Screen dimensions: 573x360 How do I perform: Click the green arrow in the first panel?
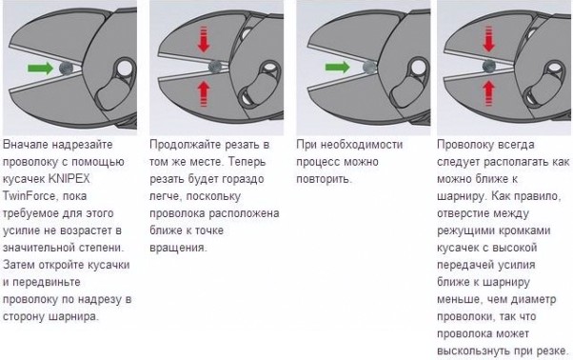41,68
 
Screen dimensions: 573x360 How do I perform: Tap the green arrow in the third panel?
337,68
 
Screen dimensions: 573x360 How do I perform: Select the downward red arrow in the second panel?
204,39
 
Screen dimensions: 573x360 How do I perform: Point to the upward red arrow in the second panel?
204,93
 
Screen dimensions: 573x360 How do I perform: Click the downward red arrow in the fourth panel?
488,39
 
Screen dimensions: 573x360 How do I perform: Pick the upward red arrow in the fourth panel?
488,93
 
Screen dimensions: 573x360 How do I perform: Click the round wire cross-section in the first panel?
66,68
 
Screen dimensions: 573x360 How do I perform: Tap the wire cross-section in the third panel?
370,68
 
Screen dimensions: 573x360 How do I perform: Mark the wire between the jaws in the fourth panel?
489,67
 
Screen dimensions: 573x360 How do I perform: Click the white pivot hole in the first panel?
125,69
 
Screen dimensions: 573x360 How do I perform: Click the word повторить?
325,179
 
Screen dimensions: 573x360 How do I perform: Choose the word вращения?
178,249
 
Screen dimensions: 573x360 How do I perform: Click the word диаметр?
533,300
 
